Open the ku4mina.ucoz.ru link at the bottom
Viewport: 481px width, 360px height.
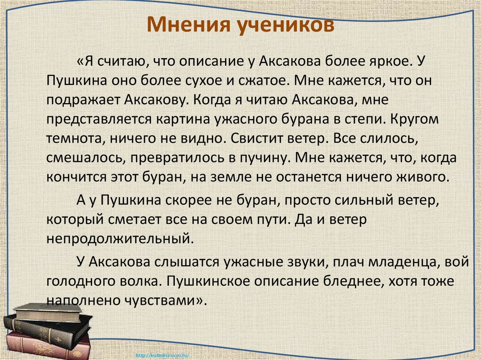pos(163,355)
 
